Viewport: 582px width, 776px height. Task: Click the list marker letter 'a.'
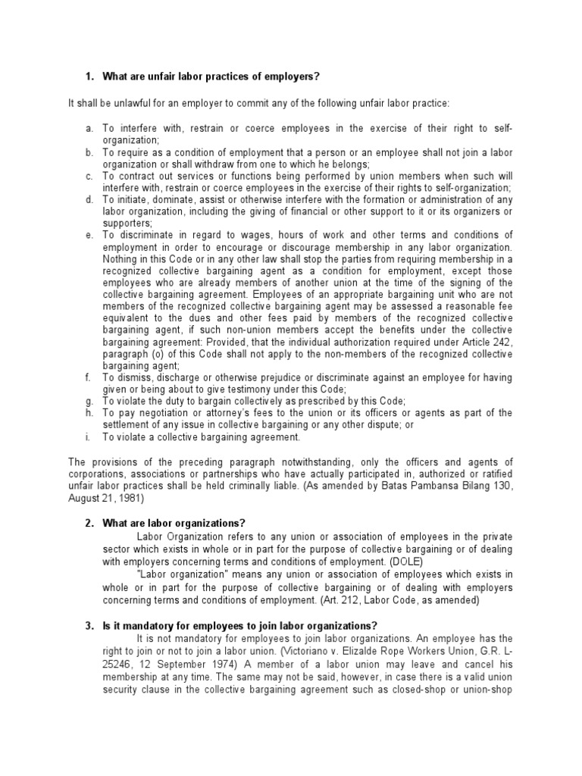coord(90,129)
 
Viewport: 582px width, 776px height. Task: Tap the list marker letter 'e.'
coord(90,235)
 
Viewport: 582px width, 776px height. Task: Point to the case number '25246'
coord(119,662)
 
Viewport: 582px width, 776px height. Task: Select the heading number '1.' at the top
coord(89,77)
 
